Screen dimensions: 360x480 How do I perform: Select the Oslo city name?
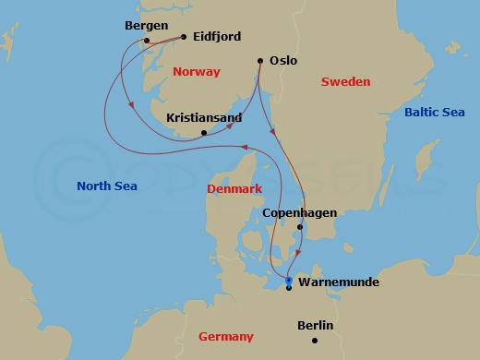(283, 60)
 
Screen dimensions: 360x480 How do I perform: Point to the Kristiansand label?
(204, 118)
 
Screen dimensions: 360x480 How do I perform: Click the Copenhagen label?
(299, 213)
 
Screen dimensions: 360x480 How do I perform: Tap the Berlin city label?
(315, 326)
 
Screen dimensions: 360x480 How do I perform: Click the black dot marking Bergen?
(147, 40)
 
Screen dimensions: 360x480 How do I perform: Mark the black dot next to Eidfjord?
(185, 37)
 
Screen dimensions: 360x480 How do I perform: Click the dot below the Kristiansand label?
(204, 133)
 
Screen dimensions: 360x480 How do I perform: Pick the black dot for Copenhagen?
(300, 227)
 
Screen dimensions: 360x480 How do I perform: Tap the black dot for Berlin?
(315, 341)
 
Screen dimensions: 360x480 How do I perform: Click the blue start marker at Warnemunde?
(289, 280)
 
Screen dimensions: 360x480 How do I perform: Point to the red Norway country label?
(197, 71)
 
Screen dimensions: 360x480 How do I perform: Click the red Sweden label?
(345, 82)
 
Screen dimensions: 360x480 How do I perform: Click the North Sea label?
(107, 186)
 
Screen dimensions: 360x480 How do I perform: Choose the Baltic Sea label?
(434, 112)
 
